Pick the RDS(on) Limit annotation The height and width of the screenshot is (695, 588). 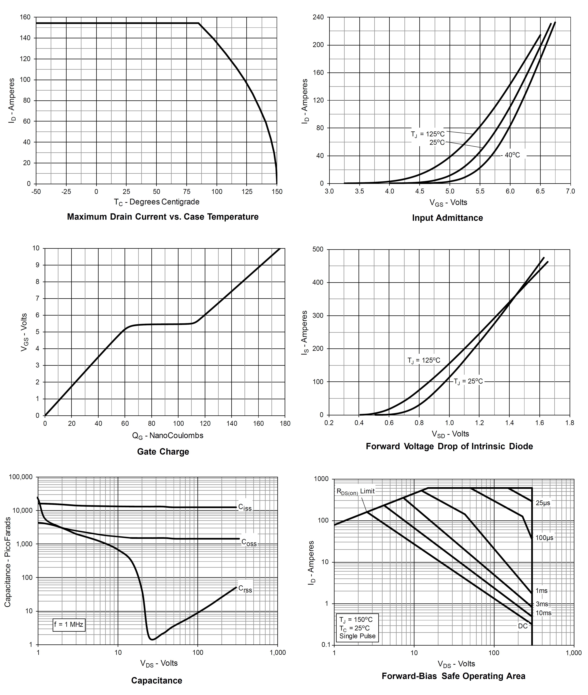tap(355, 491)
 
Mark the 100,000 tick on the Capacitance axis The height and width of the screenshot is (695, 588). tap(21, 477)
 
